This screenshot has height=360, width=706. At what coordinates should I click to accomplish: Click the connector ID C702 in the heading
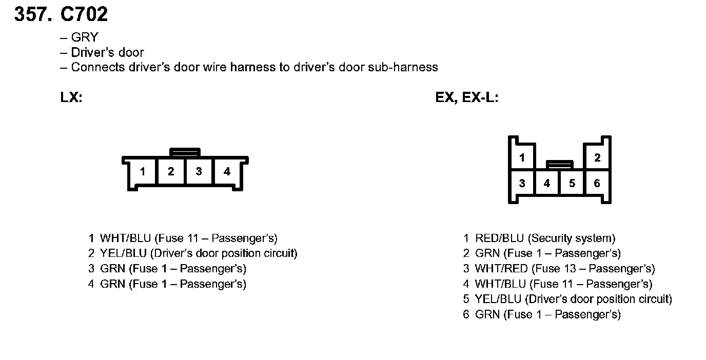point(84,14)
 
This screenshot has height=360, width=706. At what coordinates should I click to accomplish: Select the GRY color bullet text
point(85,37)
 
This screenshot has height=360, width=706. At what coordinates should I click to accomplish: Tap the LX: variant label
point(71,97)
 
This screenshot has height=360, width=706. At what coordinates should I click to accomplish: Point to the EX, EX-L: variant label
point(467,97)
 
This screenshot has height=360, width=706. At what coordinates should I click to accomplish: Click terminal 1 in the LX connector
point(143,172)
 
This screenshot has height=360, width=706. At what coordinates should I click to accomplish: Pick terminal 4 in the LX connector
point(227,172)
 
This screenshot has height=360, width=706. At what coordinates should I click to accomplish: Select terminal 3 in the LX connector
point(199,172)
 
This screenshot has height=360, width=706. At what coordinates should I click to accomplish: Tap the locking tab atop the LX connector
point(185,152)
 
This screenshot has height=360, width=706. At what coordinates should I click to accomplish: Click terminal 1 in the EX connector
point(522,158)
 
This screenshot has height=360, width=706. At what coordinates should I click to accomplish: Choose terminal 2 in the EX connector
point(597,158)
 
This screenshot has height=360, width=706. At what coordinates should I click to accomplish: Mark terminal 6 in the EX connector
point(597,183)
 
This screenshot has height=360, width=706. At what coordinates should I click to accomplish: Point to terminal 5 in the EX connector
point(572,183)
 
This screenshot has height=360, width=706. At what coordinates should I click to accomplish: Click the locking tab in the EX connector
point(560,164)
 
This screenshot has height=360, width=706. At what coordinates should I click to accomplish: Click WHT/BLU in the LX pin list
point(126,238)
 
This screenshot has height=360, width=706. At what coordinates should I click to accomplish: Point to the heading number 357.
point(33,14)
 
